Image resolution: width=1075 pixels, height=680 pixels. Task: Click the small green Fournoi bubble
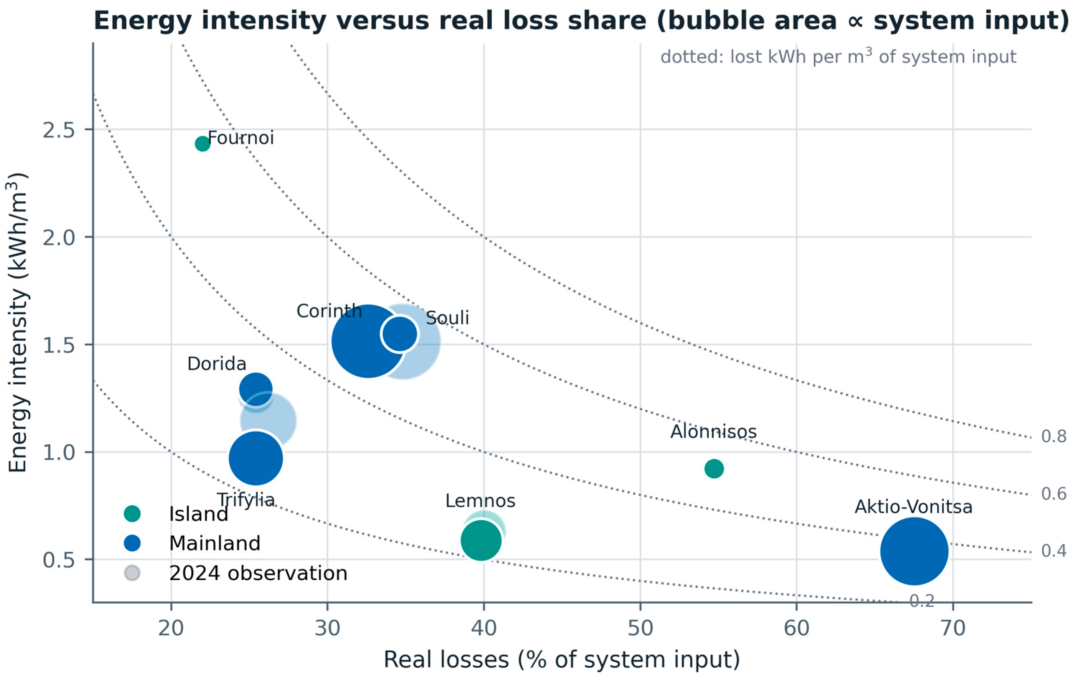202,144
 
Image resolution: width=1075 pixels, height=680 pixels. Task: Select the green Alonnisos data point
714,469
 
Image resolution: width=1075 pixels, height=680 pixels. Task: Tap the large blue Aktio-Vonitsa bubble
914,551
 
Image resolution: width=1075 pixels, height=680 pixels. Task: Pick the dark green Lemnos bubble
481,540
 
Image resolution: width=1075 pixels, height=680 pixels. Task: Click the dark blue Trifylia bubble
255,458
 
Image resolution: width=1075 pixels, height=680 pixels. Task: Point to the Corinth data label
329,311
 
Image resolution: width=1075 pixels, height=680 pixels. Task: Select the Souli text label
447,318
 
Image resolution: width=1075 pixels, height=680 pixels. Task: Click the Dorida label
216,364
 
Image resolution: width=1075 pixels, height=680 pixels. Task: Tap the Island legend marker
132,514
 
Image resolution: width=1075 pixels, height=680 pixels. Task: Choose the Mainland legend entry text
215,543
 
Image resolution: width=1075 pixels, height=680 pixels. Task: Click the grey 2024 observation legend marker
132,573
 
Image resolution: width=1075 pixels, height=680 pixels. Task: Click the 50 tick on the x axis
640,628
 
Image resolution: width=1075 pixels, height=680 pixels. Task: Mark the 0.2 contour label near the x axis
922,601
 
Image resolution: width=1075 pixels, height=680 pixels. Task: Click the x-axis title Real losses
561,659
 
